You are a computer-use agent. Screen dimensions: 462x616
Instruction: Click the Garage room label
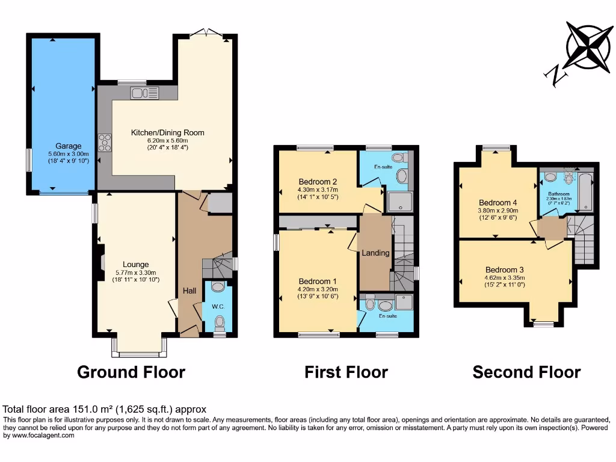(69, 146)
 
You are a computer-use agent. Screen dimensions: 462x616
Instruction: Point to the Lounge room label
(135, 264)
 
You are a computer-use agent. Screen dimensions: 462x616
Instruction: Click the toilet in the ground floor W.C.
(219, 324)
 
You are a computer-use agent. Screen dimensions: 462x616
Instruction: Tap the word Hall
(189, 291)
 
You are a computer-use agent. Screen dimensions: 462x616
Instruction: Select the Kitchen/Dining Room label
(168, 132)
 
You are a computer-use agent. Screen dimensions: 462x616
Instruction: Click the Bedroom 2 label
(317, 182)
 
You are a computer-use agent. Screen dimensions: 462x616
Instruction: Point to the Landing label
(375, 253)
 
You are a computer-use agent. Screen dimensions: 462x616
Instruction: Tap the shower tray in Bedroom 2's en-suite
(401, 202)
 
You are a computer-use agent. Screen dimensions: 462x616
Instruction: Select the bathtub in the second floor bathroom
(584, 189)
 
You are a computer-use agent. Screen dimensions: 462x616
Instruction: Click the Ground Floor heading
(131, 372)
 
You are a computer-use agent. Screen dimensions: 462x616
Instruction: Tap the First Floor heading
(346, 372)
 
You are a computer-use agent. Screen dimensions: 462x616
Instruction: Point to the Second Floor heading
(526, 372)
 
